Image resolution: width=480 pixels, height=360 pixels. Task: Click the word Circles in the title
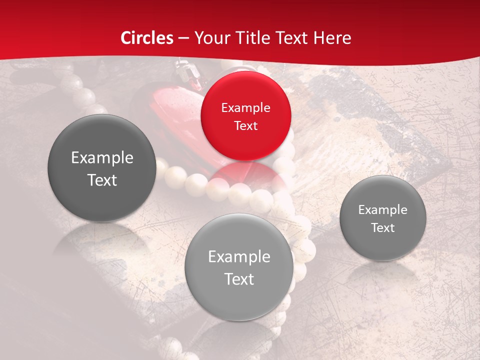147,38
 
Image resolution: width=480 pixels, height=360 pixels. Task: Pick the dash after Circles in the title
183,38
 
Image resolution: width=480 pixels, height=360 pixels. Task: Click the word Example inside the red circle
245,107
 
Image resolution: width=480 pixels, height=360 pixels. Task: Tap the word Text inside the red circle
245,125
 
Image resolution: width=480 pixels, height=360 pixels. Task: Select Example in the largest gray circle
102,158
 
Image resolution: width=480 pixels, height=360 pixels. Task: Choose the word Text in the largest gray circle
102,180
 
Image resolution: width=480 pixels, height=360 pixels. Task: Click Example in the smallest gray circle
382,210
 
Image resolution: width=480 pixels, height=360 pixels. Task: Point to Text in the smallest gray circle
382,228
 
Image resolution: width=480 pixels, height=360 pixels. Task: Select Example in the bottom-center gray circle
239,257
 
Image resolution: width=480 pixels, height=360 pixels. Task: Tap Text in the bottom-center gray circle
239,279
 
